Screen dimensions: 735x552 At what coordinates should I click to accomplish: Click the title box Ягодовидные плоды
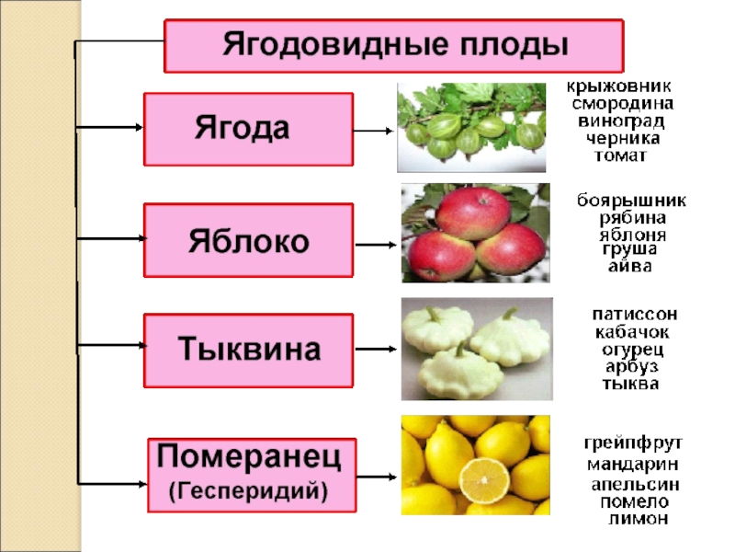[x=393, y=45]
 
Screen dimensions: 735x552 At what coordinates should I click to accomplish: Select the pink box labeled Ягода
[x=248, y=129]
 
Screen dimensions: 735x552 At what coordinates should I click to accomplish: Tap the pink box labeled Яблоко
[x=248, y=241]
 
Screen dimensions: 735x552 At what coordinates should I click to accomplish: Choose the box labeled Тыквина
[x=248, y=350]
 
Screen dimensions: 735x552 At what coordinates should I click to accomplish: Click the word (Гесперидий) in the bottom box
[x=249, y=490]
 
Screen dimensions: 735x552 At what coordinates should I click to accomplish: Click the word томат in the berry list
[x=621, y=155]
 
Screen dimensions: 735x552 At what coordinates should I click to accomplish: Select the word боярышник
[x=630, y=200]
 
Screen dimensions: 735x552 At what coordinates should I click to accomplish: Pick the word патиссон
[x=635, y=315]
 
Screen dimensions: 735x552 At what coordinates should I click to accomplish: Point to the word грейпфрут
[x=634, y=443]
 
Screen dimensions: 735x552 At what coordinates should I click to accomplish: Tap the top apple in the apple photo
[x=472, y=213]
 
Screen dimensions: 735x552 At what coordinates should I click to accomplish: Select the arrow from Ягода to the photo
[x=374, y=131]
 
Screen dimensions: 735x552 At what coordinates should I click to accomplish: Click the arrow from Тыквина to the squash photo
[x=376, y=350]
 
